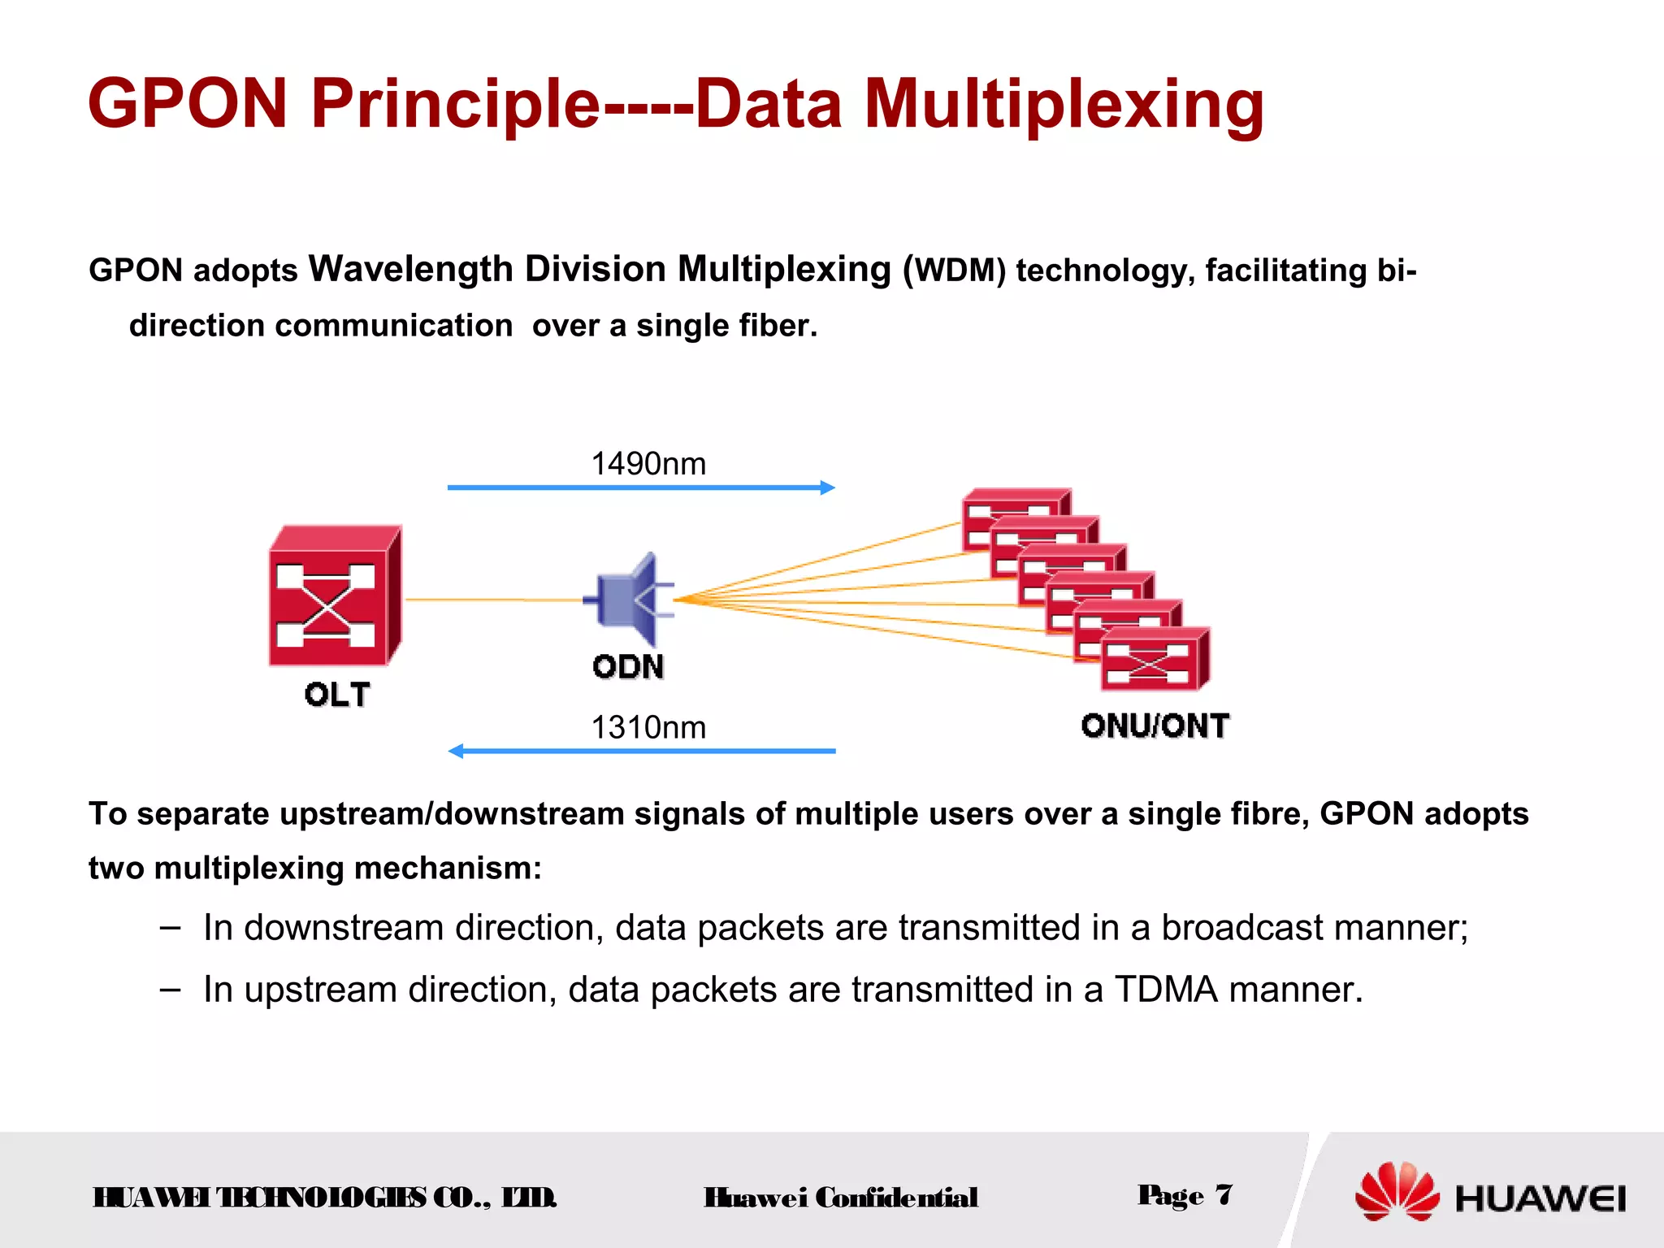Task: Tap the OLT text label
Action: point(337,695)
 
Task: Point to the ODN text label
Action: point(628,667)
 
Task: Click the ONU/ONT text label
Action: point(1155,726)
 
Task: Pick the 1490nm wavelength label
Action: point(648,464)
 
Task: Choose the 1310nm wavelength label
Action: point(648,727)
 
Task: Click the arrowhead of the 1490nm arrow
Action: point(828,487)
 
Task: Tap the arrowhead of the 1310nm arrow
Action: point(457,751)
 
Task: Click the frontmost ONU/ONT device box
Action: point(1154,660)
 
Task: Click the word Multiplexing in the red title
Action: point(1064,104)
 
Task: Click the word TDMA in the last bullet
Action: point(1166,990)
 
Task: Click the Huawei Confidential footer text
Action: point(841,1198)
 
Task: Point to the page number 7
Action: point(1224,1194)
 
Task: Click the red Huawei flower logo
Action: point(1397,1192)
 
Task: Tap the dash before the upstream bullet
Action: point(171,989)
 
